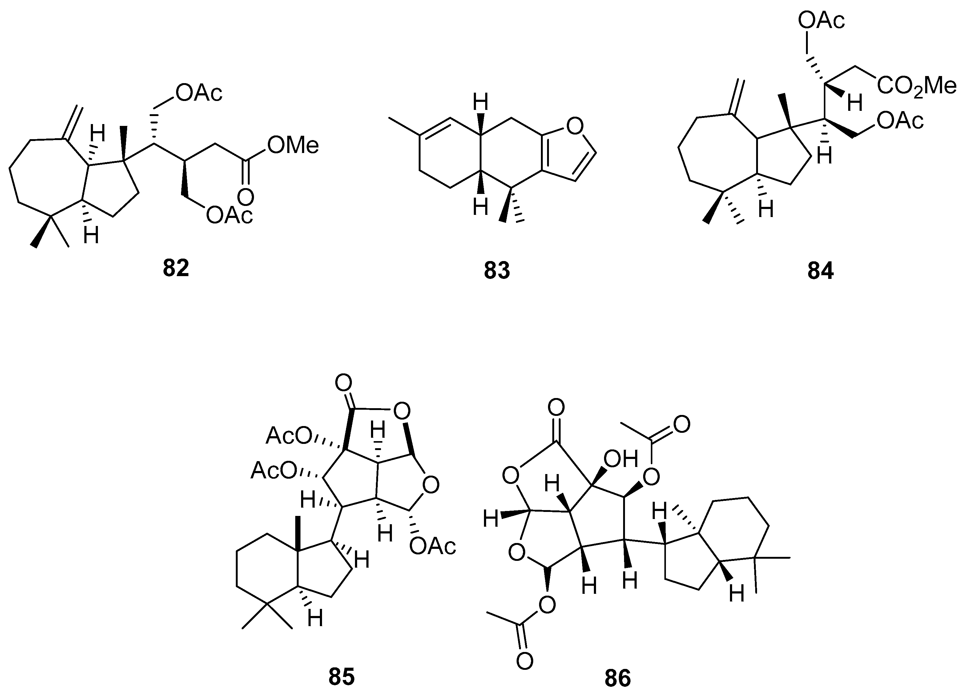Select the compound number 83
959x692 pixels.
coord(497,271)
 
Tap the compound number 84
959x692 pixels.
coord(820,271)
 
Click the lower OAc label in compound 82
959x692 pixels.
coord(229,215)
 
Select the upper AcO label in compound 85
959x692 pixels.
coord(289,436)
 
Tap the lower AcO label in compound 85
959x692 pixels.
coord(274,470)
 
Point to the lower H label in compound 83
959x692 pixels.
coord(480,207)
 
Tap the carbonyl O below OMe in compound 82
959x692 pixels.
coord(246,197)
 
